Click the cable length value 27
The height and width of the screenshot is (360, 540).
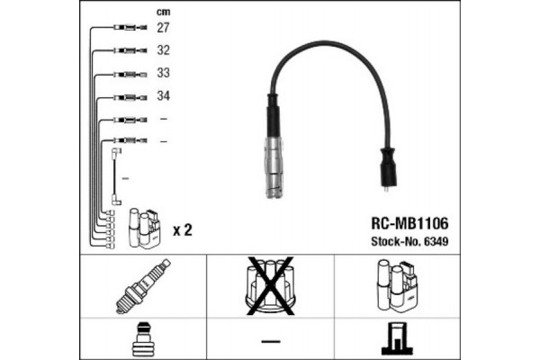tap(163, 28)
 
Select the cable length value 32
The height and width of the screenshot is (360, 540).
tap(163, 50)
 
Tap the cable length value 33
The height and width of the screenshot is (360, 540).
tap(163, 73)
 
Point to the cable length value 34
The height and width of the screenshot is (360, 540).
tap(163, 95)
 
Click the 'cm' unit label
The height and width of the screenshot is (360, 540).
tap(163, 13)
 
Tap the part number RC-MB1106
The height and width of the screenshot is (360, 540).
tap(409, 223)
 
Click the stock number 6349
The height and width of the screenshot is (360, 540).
tap(436, 241)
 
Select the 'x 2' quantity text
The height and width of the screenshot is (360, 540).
tap(182, 230)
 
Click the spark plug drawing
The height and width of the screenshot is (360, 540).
tap(143, 286)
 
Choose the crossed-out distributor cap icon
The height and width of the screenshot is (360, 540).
tap(270, 285)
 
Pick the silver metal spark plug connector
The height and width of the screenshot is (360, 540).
tap(274, 167)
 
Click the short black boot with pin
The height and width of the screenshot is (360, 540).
tap(388, 169)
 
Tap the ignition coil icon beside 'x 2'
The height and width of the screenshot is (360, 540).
tap(145, 229)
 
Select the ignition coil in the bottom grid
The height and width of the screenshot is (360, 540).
tap(397, 285)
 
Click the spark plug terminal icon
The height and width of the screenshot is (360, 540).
tap(143, 339)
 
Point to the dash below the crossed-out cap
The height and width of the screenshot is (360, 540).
tap(271, 341)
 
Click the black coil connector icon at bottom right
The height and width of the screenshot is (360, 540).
tap(397, 338)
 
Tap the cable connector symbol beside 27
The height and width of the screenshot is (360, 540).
tap(130, 28)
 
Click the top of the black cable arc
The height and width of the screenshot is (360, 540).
tap(326, 42)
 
